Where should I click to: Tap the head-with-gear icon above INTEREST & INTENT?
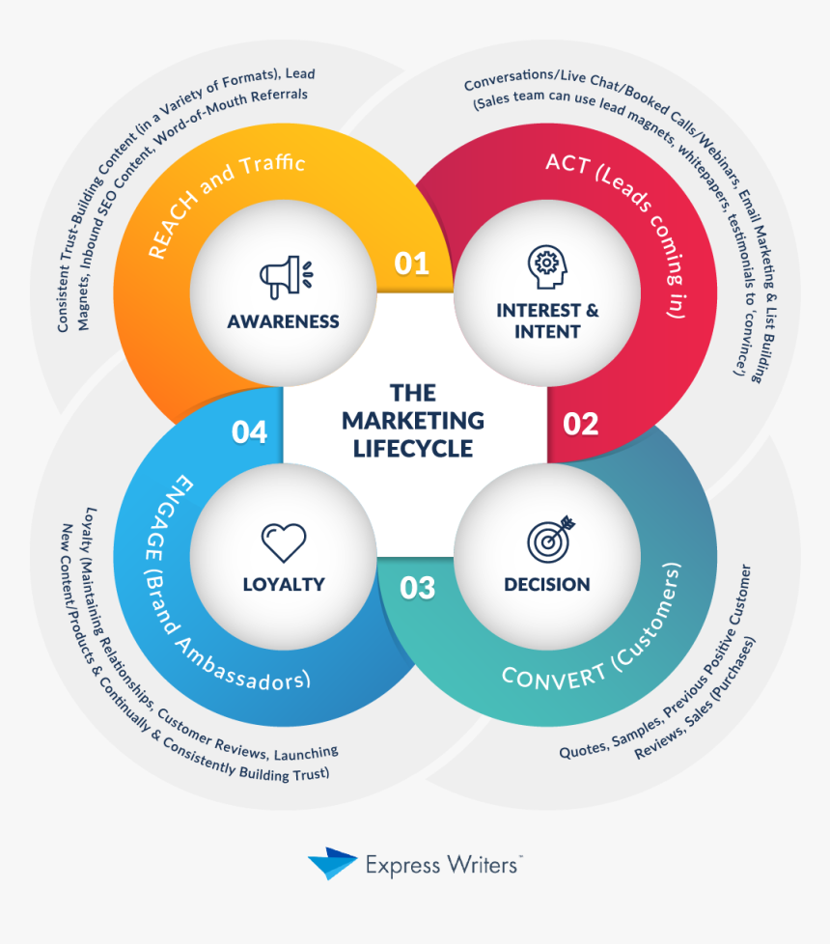[x=546, y=265]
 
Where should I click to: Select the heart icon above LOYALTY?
[x=284, y=542]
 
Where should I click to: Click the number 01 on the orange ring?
[x=412, y=264]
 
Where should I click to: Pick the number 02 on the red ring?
[x=581, y=423]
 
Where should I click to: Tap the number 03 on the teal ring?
[x=417, y=587]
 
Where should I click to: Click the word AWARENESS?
[x=284, y=321]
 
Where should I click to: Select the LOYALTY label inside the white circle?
[x=284, y=584]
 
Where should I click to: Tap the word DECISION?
[x=547, y=584]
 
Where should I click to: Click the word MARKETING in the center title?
[x=413, y=421]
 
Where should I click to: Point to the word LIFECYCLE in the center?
[x=413, y=449]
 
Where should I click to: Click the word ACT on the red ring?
[x=566, y=164]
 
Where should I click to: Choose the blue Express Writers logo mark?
[x=332, y=863]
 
